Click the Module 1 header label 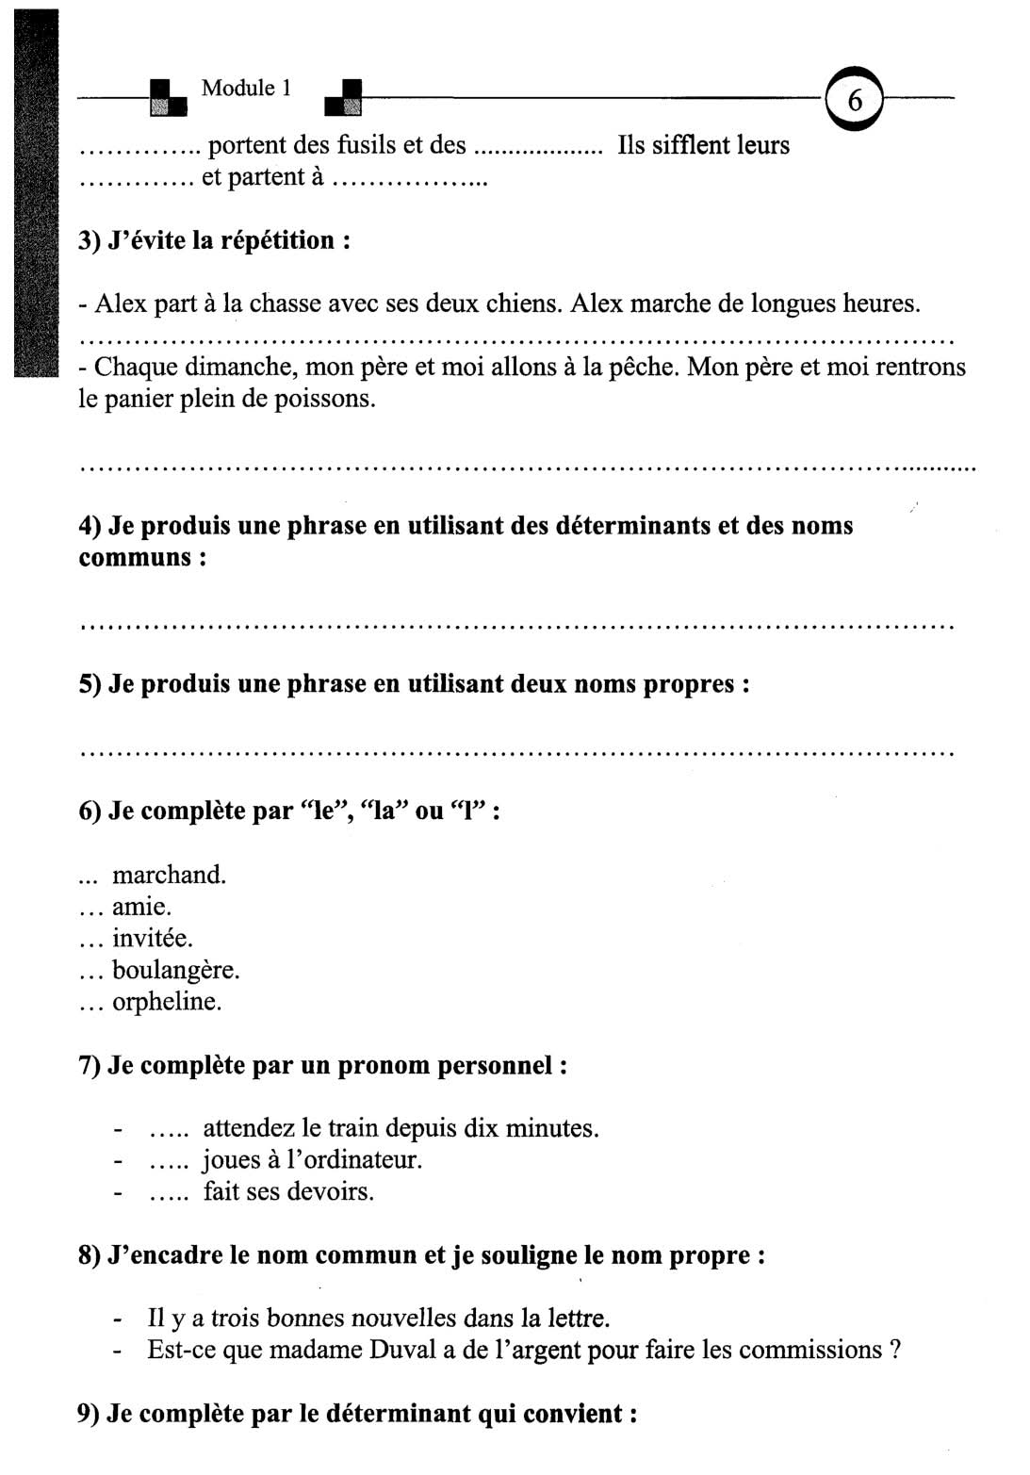[x=246, y=89]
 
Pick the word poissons [x=324, y=399]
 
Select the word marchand [x=169, y=875]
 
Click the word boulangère [x=175, y=970]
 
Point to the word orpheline [x=167, y=1001]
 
